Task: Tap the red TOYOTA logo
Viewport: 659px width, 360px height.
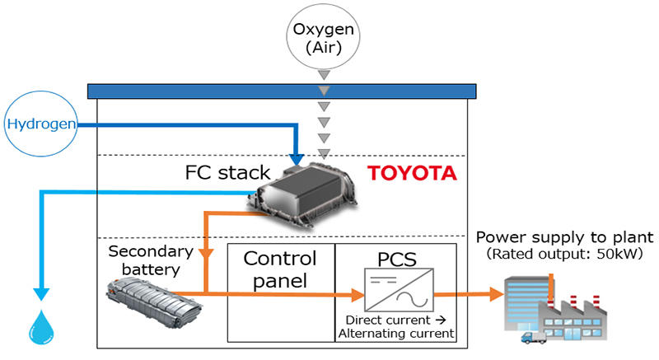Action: click(x=412, y=173)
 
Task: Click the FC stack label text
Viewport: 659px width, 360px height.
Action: click(x=227, y=173)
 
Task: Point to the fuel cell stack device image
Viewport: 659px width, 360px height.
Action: click(x=301, y=195)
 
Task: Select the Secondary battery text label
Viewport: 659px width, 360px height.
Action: click(x=151, y=260)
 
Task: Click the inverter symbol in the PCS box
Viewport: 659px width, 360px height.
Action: click(x=399, y=290)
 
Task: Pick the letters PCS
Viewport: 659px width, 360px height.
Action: click(x=397, y=259)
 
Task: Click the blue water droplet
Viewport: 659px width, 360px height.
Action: click(x=41, y=327)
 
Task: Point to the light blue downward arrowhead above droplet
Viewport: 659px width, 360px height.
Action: click(x=41, y=294)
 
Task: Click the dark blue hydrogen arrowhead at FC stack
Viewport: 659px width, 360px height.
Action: click(x=297, y=160)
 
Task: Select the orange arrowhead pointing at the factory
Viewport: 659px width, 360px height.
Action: click(x=497, y=294)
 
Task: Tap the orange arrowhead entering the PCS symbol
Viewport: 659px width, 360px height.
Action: click(x=358, y=294)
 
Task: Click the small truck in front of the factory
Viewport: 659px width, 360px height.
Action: click(x=533, y=337)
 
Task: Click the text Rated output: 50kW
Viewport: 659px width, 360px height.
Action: click(x=564, y=254)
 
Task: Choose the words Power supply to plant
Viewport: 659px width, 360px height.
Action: click(x=565, y=237)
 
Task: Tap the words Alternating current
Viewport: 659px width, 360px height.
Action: click(x=396, y=334)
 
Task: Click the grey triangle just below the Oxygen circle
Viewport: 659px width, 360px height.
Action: click(x=324, y=75)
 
